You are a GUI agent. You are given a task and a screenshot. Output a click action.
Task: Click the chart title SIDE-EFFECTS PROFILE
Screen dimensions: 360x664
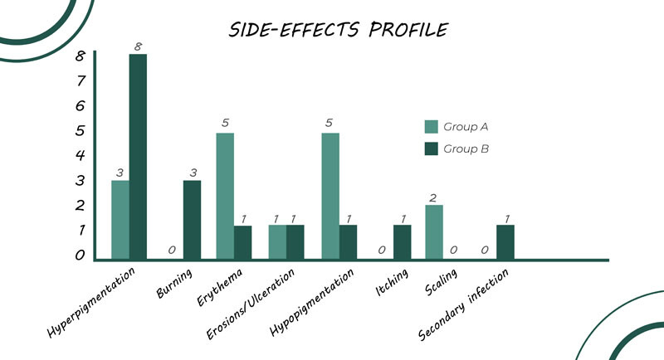pos(338,30)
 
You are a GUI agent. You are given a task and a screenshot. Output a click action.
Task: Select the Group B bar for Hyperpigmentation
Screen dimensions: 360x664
pos(138,156)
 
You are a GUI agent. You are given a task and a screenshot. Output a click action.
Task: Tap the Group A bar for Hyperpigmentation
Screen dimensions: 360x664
pos(120,219)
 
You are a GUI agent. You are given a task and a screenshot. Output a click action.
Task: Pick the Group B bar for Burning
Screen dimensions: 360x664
pos(191,219)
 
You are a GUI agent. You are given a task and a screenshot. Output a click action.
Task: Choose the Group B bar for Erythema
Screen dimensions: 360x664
pos(242,241)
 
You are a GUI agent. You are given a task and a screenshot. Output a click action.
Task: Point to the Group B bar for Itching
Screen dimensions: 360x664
pos(402,241)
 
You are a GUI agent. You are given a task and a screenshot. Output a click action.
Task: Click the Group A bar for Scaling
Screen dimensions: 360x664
pos(434,231)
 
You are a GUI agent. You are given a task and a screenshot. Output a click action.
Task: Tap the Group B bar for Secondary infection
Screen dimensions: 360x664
pos(505,241)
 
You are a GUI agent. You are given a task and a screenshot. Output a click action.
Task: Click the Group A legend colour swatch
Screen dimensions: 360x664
pos(431,127)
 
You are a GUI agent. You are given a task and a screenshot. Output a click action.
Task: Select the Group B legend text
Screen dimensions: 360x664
pos(466,149)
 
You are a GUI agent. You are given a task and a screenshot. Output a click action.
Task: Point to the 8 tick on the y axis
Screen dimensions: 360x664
pos(80,56)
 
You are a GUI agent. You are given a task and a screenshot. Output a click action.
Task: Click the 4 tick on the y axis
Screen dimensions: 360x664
pos(80,155)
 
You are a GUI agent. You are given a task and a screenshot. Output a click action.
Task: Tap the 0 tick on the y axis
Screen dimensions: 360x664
pos(80,255)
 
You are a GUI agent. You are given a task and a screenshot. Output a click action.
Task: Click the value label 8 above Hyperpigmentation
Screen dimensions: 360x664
pos(138,45)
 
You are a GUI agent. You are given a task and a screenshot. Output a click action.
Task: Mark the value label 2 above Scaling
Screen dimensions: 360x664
pos(434,197)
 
